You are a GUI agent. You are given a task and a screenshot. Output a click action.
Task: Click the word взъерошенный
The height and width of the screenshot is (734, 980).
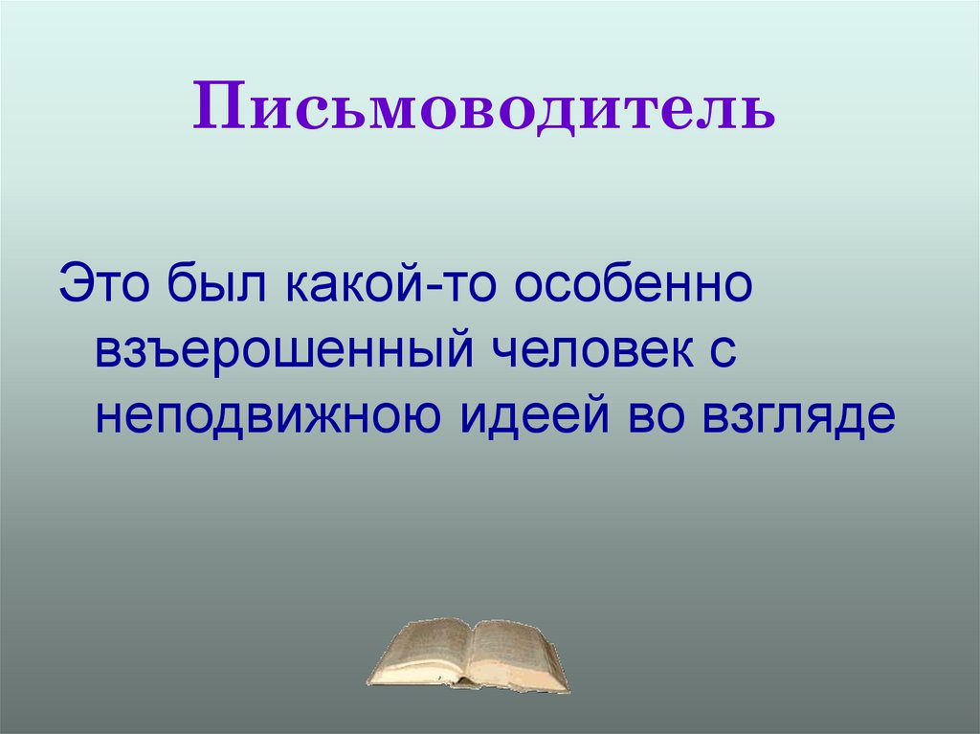point(279,352)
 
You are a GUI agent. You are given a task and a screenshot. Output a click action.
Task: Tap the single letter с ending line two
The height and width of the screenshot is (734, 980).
point(724,352)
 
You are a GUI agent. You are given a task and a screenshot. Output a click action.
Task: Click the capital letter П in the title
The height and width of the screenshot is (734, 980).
point(216,107)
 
